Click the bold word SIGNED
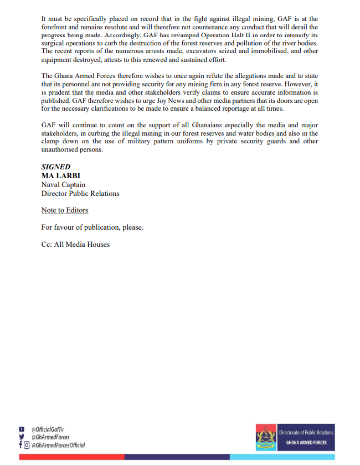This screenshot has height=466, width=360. click(56, 167)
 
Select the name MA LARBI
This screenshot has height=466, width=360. click(61, 175)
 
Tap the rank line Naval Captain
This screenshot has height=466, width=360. click(63, 184)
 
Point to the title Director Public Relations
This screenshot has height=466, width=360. click(80, 193)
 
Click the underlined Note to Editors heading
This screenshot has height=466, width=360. click(65, 210)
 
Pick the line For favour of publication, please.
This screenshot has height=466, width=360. click(92, 227)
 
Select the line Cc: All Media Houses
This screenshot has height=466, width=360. click(75, 244)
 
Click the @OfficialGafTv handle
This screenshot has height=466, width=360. click(52, 429)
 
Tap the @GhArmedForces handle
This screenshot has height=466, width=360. click(51, 437)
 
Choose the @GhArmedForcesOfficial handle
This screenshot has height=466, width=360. click(58, 445)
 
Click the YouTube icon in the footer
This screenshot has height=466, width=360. click(22, 429)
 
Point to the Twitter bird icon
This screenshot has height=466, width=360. click(22, 437)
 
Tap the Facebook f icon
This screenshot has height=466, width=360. click(20, 445)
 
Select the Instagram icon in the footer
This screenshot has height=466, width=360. click(26, 445)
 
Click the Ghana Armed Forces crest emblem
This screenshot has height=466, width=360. click(266, 438)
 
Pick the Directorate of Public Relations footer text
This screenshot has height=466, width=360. click(306, 432)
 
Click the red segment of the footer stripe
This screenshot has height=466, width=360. click(71, 457)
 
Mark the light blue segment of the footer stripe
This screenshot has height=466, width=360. click(282, 457)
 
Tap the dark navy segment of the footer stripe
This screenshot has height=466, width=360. click(177, 457)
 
